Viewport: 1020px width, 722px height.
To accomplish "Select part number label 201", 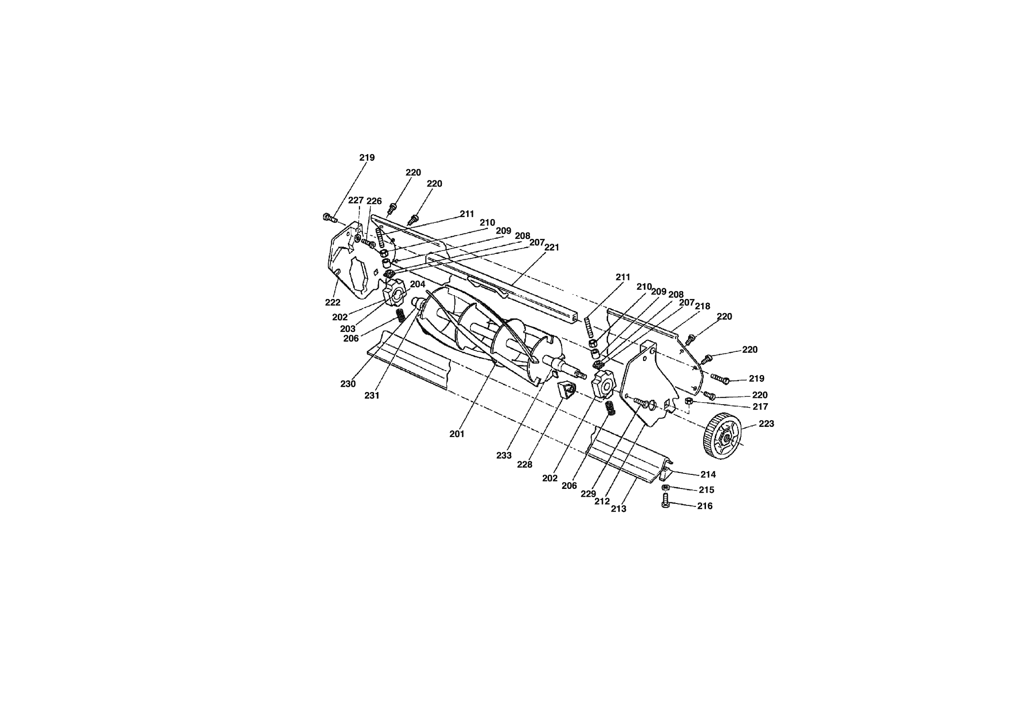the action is point(456,434).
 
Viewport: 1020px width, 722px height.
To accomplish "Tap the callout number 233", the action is point(504,455).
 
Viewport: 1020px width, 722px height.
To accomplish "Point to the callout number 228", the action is point(524,465).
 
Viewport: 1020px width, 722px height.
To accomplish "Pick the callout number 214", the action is point(708,474).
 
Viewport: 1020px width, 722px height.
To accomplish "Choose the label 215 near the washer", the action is point(706,490).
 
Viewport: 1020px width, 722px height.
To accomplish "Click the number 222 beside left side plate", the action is point(332,302).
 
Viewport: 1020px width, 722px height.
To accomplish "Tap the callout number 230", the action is point(348,384).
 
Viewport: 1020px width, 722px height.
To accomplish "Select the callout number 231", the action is point(372,395).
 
